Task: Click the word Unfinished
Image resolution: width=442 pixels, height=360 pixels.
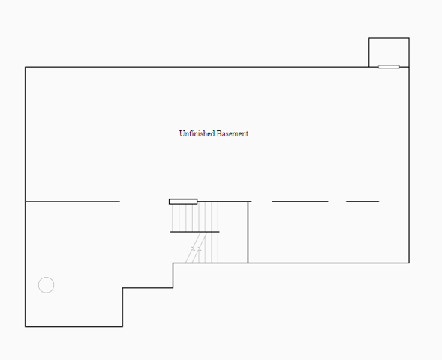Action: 197,133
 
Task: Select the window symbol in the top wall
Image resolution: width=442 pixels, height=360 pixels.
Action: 389,67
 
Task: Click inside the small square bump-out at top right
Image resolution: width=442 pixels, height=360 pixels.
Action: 389,52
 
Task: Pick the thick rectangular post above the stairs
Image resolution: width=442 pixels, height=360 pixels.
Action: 183,202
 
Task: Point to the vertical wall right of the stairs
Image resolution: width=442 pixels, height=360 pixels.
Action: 248,232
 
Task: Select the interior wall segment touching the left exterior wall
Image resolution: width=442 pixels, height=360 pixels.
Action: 73,202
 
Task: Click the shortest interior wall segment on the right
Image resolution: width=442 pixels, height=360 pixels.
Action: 362,202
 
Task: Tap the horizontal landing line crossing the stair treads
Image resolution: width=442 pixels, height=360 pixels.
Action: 195,232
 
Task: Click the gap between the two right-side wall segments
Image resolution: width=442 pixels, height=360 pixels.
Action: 337,202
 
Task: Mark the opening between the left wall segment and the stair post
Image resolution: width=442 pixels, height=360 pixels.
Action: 144,202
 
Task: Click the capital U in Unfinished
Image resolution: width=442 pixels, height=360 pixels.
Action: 182,133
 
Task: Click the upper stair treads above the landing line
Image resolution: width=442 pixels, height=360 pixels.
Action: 195,217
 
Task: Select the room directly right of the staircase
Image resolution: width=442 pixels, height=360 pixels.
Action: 329,232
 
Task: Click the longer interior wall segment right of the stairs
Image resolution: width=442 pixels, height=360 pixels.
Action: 300,202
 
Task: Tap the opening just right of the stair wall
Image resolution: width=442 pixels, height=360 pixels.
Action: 262,202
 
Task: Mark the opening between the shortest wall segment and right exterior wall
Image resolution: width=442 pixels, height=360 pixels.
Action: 394,202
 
